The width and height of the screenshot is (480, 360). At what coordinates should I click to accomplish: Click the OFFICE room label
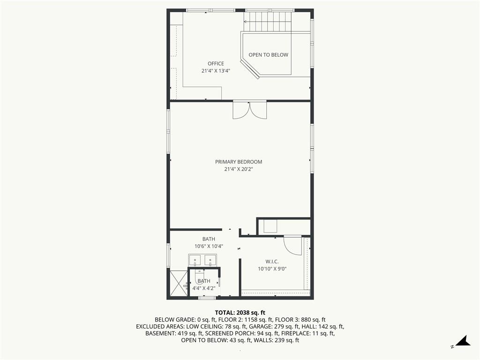[x=216, y=64]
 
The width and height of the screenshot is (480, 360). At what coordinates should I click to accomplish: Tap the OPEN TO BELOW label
[x=268, y=55]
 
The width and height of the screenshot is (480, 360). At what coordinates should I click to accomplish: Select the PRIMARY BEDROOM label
[x=239, y=162]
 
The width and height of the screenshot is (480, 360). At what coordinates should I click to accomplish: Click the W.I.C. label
[x=272, y=262]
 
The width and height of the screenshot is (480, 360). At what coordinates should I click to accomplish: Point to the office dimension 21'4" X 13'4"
[x=216, y=71]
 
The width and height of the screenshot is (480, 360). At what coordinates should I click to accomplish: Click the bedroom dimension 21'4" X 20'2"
[x=239, y=169]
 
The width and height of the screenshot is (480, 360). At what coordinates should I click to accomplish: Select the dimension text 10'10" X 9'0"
[x=272, y=269]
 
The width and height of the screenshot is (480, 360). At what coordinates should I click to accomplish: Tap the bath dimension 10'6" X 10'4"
[x=209, y=246]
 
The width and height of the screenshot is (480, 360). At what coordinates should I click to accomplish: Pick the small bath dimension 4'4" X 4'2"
[x=204, y=288]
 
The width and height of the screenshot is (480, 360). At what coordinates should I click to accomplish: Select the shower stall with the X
[x=179, y=283]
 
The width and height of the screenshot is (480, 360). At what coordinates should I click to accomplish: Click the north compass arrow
[x=464, y=341]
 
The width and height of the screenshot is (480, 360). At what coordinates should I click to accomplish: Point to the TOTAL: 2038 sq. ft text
[x=240, y=313]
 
